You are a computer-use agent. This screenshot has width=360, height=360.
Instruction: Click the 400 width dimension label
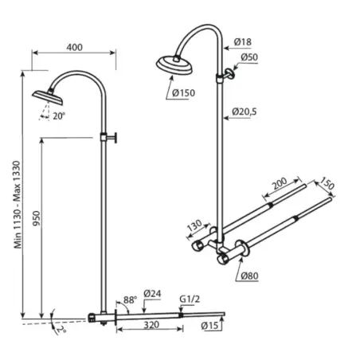point(75,48)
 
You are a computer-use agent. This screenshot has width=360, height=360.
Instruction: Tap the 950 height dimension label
point(37,218)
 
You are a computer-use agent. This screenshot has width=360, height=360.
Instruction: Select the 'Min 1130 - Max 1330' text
point(18,205)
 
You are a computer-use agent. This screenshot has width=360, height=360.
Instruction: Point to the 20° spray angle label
point(59,116)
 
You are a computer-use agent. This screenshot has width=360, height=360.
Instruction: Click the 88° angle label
point(130,300)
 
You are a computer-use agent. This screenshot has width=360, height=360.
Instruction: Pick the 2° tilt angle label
point(61,330)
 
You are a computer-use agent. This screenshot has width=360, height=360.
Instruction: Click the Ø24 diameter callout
point(152,294)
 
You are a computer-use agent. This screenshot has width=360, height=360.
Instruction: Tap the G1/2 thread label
point(190,299)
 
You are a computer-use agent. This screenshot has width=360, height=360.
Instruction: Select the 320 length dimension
point(151,325)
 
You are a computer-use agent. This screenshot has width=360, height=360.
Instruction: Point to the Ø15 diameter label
point(209,326)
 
